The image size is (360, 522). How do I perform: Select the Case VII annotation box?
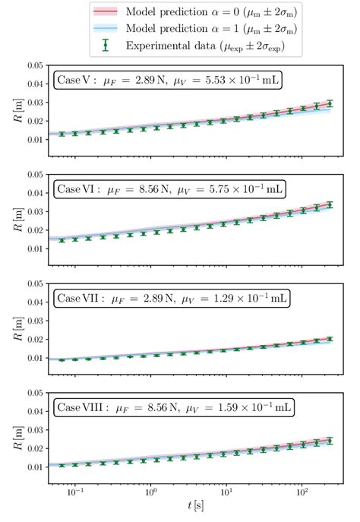click(171, 299)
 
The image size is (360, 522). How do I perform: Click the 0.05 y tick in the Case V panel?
click(33, 65)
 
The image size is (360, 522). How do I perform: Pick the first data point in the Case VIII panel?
click(62, 465)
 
